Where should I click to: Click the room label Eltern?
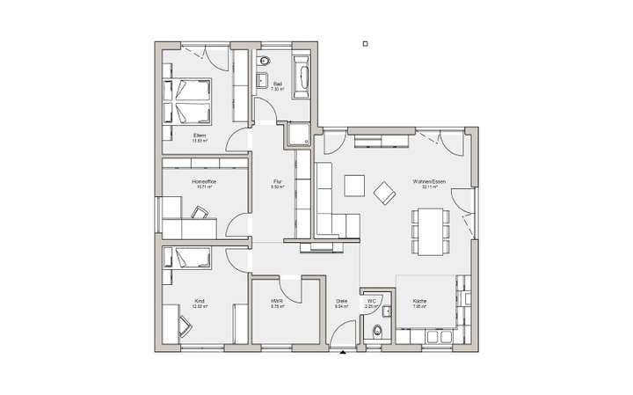coord(200,135)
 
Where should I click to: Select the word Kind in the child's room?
coord(199,301)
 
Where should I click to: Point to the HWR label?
coord(276,301)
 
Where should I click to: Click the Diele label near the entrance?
coord(342,301)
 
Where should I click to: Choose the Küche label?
coord(419,301)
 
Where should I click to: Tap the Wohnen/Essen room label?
coord(429,181)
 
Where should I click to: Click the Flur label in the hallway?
coord(276,181)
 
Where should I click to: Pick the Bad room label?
coord(276,84)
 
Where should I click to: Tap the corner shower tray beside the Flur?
coord(296,134)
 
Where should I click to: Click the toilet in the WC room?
coord(377,330)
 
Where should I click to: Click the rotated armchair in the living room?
coord(385,192)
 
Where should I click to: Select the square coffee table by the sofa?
coord(354,186)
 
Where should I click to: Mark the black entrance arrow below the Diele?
coord(343,354)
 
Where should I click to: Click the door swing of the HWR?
coord(309,286)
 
